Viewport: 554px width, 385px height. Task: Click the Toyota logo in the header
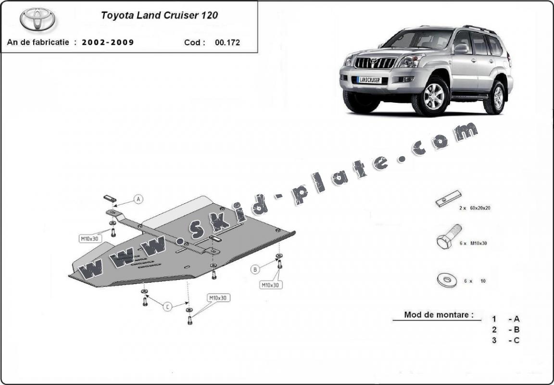coord(38,19)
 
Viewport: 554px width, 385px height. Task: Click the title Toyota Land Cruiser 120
coord(159,15)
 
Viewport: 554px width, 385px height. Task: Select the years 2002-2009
coord(108,42)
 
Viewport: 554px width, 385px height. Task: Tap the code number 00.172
coord(227,42)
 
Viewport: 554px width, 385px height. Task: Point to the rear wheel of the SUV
coord(495,98)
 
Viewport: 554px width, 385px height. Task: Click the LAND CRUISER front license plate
coord(369,80)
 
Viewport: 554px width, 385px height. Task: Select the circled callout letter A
coord(138,199)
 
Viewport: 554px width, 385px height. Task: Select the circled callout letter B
coord(255,269)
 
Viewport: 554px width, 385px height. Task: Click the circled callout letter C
coord(167,306)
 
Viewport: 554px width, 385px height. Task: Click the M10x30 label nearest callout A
coord(89,238)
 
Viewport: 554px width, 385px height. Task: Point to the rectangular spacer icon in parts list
coord(448,199)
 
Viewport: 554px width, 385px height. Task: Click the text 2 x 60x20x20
coord(474,208)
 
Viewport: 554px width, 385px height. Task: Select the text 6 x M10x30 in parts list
coord(473,243)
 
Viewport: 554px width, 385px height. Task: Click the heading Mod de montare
coord(436,315)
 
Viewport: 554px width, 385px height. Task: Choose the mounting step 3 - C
coord(505,340)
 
